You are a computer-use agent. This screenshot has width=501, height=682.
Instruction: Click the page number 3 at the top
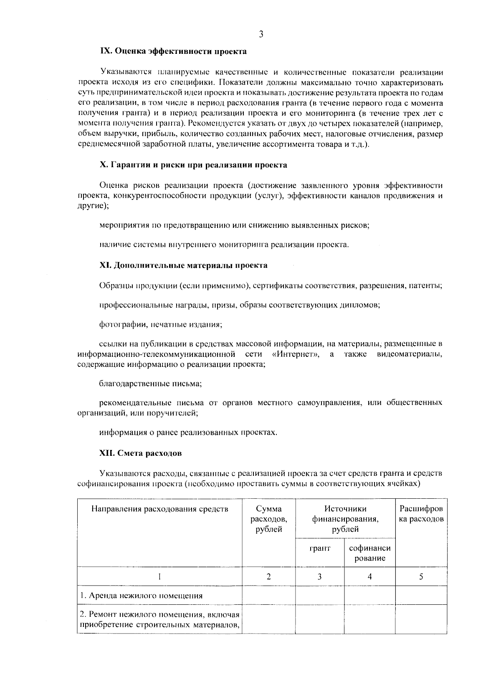261,35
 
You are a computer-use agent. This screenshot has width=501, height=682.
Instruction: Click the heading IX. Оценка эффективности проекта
173,51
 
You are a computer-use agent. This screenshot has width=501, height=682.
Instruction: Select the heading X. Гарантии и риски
193,165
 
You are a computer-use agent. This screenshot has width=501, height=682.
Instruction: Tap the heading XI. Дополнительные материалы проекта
183,265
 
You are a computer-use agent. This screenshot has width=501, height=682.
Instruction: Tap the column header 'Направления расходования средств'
160,509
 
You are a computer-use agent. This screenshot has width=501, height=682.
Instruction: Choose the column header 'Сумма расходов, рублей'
269,519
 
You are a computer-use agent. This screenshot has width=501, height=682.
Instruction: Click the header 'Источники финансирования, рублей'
345,519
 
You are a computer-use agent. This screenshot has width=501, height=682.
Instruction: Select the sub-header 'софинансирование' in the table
369,553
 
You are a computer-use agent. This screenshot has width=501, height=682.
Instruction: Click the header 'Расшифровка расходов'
421,514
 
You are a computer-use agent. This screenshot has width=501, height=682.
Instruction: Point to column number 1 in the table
160,577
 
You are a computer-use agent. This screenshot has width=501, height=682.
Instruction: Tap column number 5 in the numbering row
421,577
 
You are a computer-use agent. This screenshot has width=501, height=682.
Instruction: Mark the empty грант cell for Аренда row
319,596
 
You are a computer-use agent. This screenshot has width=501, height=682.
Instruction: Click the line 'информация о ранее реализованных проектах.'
188,433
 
